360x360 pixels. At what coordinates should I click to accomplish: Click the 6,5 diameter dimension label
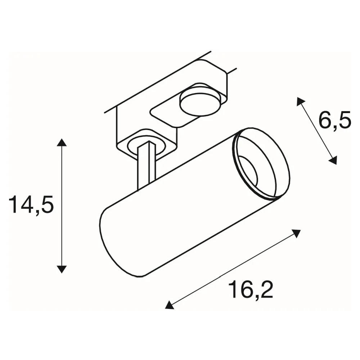click(x=335, y=120)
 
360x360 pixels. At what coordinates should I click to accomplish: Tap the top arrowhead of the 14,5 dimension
click(x=61, y=142)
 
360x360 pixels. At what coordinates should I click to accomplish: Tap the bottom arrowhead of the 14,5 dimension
click(x=61, y=269)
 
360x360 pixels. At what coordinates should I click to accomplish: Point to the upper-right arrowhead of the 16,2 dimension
click(x=296, y=234)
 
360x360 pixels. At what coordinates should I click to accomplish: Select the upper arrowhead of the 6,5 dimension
click(x=300, y=101)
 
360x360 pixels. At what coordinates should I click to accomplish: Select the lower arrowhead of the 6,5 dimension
click(x=333, y=160)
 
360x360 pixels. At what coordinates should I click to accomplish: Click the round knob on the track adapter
click(x=199, y=103)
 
